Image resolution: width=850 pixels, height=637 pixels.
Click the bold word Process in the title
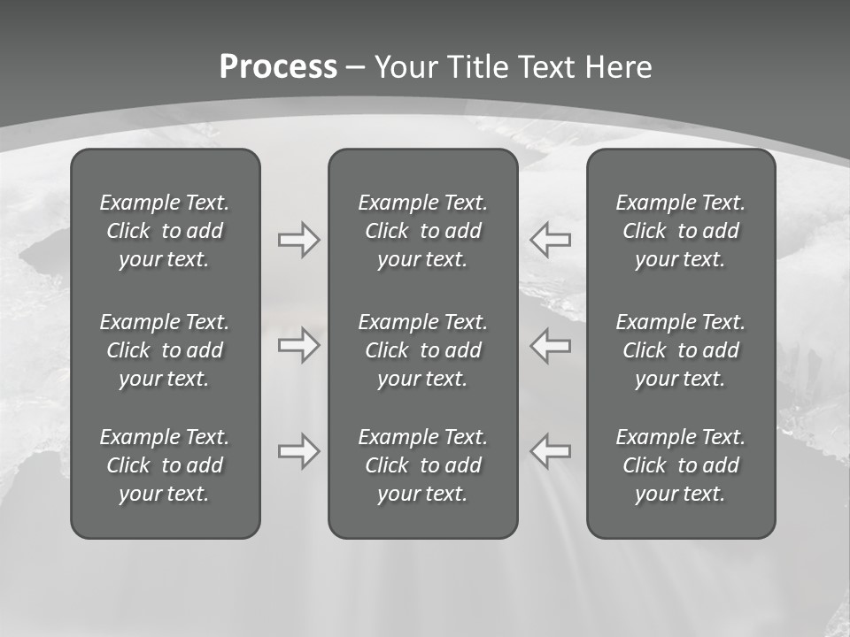[x=278, y=67]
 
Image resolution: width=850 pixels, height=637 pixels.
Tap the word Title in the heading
[x=478, y=67]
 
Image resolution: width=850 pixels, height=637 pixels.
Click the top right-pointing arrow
[x=298, y=240]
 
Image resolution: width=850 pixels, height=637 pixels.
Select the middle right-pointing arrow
[x=298, y=345]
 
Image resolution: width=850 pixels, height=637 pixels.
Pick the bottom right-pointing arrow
[x=298, y=451]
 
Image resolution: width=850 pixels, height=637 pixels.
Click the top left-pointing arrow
[x=551, y=240]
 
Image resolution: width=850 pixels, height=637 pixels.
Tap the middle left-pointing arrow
[x=551, y=345]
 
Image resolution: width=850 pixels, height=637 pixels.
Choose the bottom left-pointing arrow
[x=551, y=451]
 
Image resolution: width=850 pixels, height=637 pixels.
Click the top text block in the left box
[x=165, y=231]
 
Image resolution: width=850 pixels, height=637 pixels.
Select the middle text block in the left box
[x=165, y=350]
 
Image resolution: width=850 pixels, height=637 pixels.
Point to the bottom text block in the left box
[x=165, y=465]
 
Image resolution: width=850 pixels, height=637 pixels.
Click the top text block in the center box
[x=422, y=231]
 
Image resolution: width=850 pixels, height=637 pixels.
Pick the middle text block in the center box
[x=422, y=350]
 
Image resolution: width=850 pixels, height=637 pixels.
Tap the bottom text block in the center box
[x=422, y=465]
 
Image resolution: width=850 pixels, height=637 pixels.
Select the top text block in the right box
[x=680, y=231]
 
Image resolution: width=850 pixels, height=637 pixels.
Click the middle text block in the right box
[x=680, y=350]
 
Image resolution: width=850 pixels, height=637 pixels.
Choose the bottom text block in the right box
[x=680, y=465]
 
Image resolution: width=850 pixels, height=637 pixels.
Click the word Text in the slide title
[x=546, y=67]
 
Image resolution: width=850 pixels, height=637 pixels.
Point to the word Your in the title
[x=409, y=67]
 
